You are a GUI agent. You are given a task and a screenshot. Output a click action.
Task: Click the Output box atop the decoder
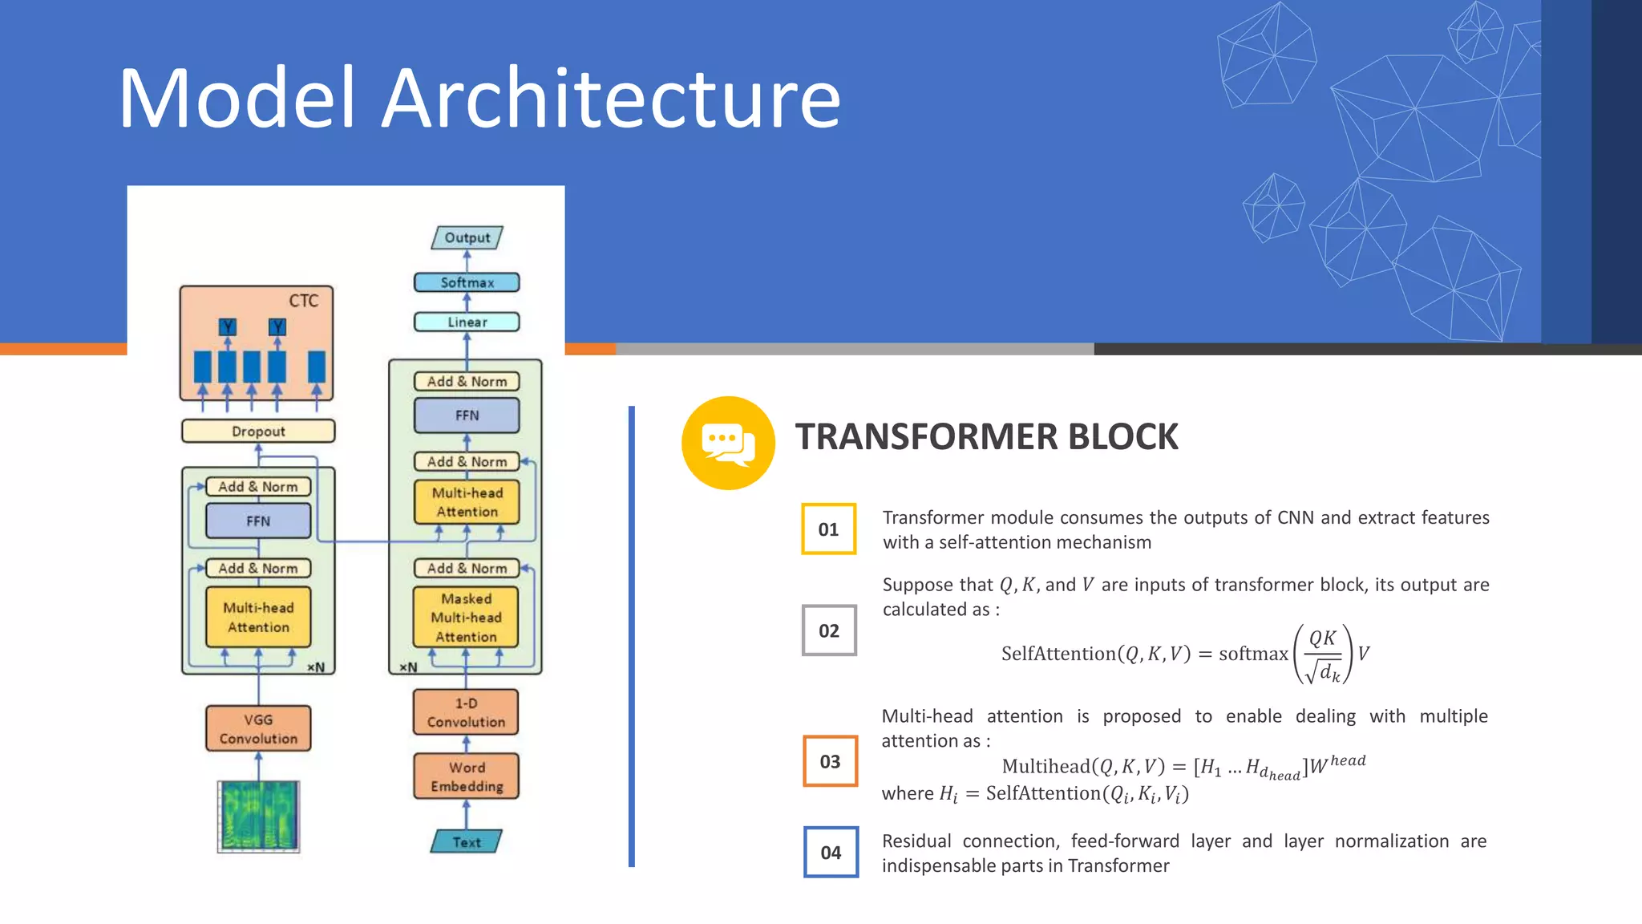coord(467,237)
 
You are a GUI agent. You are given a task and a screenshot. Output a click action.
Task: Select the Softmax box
coord(467,282)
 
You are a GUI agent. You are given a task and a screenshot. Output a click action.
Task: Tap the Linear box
coord(467,322)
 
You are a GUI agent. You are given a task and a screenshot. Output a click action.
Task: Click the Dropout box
coord(258,431)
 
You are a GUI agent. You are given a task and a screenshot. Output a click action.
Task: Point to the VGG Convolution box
coord(258,728)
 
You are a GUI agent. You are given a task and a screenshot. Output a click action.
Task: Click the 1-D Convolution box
coord(466,712)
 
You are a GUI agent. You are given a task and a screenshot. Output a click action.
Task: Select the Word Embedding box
coord(467,776)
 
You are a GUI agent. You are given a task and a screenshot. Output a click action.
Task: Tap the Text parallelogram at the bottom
coord(467,841)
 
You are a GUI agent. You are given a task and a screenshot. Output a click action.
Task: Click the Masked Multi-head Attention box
coord(466,618)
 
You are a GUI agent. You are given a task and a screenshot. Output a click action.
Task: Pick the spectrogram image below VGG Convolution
coord(258,817)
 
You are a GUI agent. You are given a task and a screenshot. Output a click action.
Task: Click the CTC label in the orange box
coord(304,301)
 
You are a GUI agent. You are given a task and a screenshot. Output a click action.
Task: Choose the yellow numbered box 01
coord(828,529)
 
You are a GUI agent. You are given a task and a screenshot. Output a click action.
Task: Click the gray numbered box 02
coord(829,630)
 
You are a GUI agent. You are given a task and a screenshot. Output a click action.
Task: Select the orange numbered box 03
coord(830,761)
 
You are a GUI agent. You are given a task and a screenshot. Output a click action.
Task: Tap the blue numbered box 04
coord(831,853)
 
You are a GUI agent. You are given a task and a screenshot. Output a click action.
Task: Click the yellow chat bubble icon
coord(728,443)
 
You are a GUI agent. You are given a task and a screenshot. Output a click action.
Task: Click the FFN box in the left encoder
coord(258,521)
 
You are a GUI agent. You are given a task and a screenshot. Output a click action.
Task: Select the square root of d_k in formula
coord(1323,671)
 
